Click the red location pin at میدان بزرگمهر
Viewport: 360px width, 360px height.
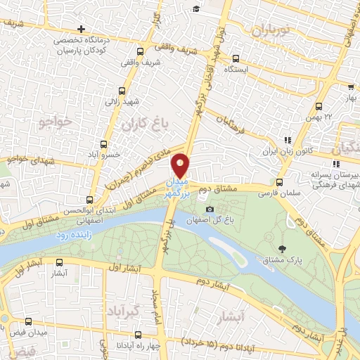(181, 165)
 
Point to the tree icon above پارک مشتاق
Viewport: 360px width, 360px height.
(283, 248)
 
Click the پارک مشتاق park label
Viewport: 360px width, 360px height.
(283, 261)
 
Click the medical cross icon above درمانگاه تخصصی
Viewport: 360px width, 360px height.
(82, 30)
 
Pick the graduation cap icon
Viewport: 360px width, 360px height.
(196, 8)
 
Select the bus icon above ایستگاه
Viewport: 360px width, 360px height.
(236, 59)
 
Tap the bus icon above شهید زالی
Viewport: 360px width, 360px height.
(122, 91)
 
